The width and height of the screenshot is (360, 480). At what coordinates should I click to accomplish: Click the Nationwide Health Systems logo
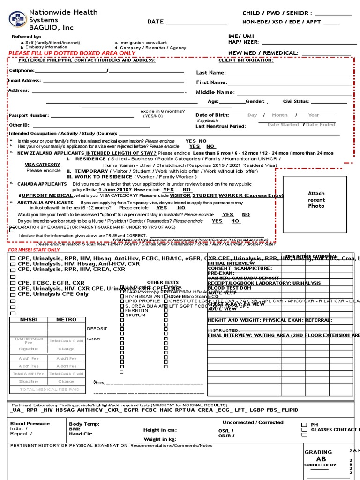point(18,20)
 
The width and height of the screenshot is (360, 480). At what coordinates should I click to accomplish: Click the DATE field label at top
point(157,22)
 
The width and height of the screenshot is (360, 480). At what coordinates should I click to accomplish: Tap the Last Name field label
point(211,73)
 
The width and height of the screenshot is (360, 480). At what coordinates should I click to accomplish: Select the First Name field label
point(211,82)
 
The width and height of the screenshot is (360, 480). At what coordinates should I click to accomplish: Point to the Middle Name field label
point(215,92)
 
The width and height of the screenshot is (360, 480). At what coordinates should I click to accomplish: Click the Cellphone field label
point(22,71)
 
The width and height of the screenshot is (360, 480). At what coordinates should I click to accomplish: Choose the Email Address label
point(24,81)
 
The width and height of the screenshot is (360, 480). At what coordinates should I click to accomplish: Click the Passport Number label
point(29,115)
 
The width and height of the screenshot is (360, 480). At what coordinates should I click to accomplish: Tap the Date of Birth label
point(212,115)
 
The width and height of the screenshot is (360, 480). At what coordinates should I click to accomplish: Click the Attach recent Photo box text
point(316,200)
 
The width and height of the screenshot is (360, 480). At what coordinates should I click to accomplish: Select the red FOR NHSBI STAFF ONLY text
point(34,250)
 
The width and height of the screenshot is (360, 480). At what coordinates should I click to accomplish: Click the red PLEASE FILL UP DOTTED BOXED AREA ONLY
point(72,53)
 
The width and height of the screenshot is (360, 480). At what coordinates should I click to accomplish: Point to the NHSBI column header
point(28,320)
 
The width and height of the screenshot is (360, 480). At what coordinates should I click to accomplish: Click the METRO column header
point(66,320)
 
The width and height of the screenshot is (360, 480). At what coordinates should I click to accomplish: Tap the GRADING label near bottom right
point(318,452)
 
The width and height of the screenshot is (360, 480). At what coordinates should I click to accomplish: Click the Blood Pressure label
point(30,423)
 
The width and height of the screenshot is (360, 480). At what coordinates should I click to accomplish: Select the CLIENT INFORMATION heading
point(246,60)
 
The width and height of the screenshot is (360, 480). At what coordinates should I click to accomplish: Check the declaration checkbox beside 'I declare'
point(12,231)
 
